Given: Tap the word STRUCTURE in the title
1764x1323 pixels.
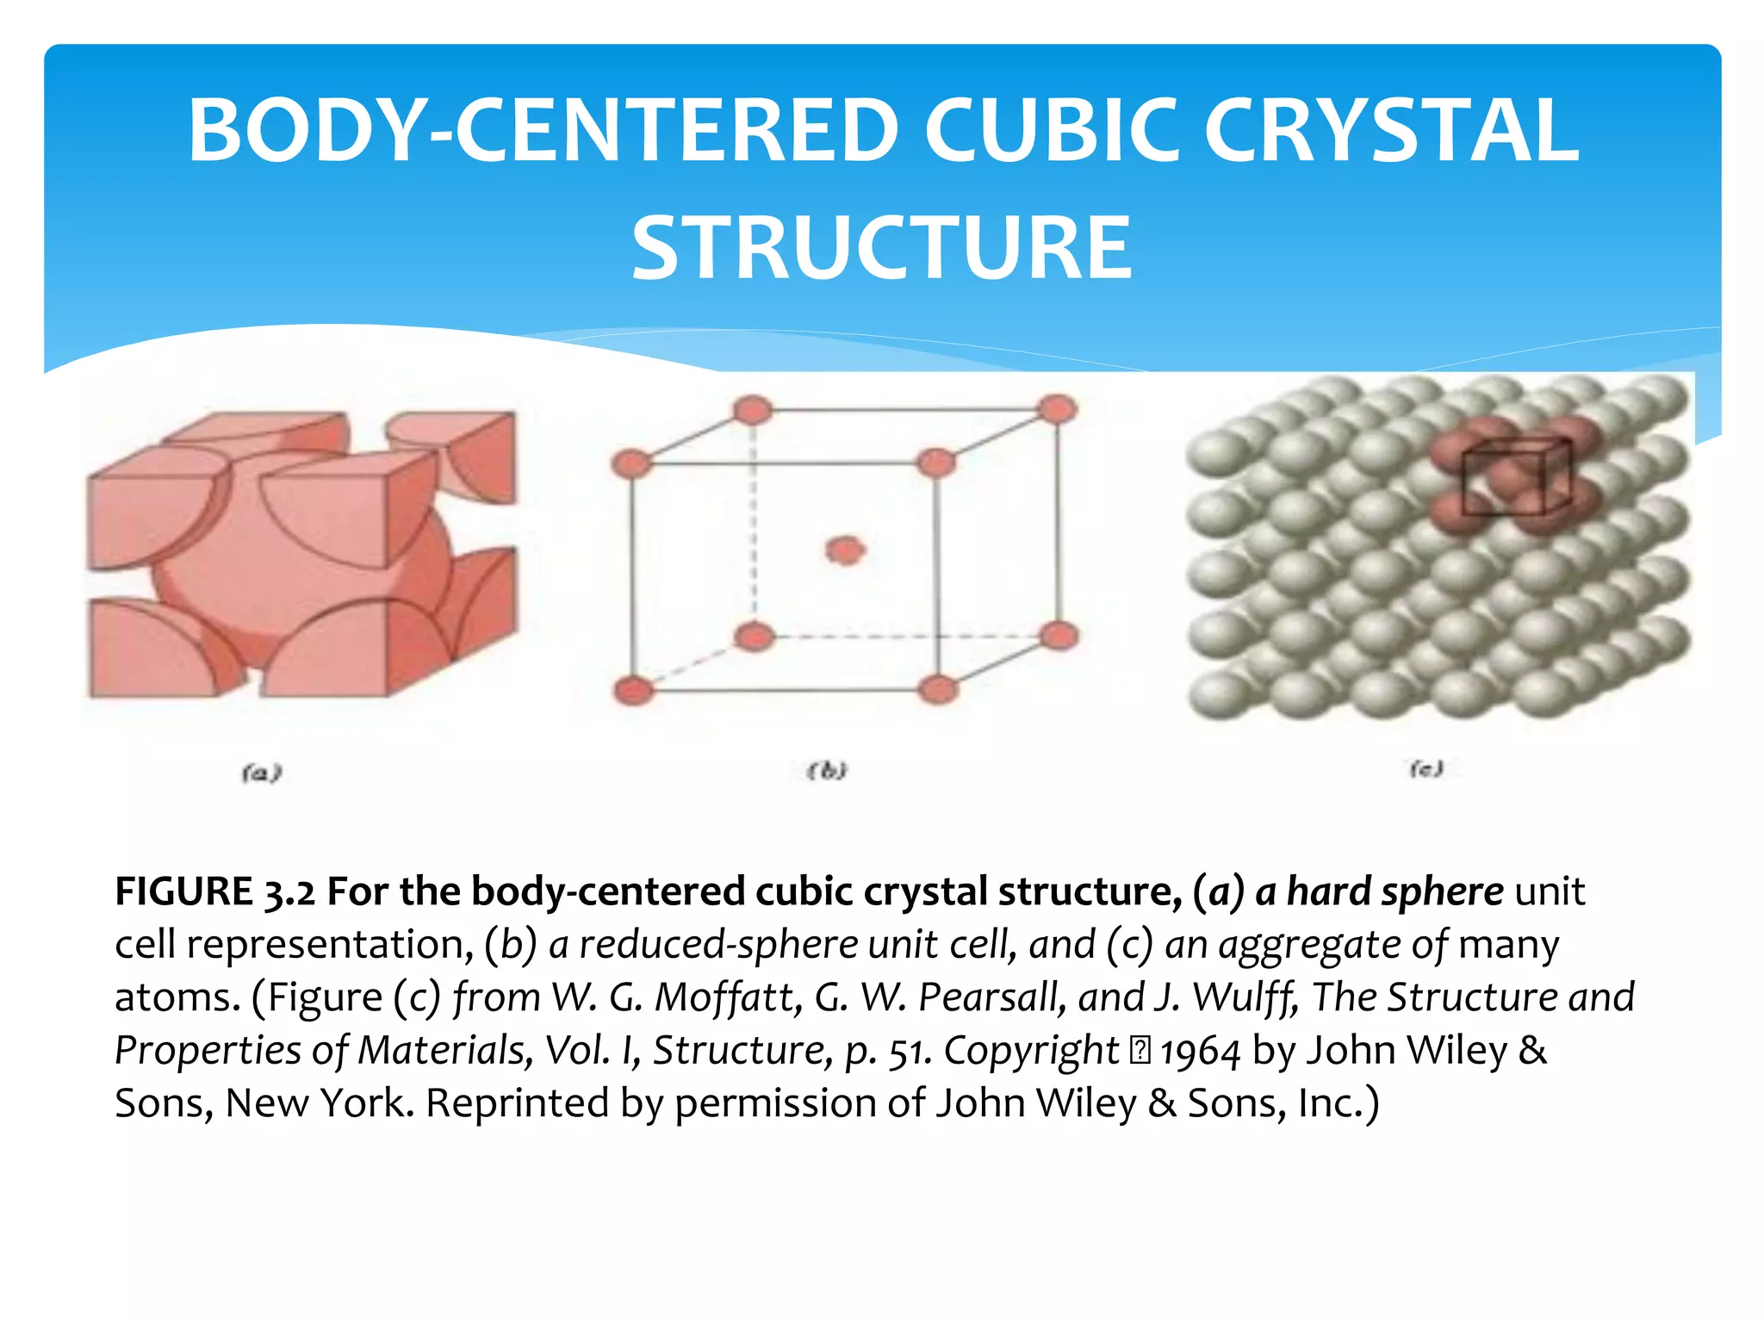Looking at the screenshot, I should click(x=882, y=249).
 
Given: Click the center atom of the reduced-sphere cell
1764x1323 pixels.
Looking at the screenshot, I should click(x=845, y=550).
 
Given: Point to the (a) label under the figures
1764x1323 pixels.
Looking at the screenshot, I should click(x=262, y=773).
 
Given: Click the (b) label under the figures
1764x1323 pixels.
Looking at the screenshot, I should click(x=827, y=771).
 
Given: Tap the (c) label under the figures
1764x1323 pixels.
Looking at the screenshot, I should click(x=1426, y=768).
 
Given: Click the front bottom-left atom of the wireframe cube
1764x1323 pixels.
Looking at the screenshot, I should click(x=634, y=691).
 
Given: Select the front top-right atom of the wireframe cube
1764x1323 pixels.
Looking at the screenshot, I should click(x=936, y=463).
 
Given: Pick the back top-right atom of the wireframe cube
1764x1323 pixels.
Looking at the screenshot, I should click(x=1058, y=409).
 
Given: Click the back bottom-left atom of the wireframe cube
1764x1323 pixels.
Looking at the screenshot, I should click(x=755, y=637).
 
